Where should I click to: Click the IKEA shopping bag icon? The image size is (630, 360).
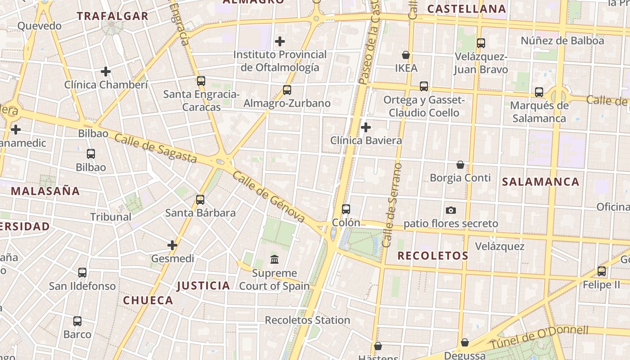pyautogui.click(x=406, y=55)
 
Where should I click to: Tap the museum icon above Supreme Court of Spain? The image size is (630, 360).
pyautogui.click(x=274, y=259)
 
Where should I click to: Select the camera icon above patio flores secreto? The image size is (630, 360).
pyautogui.click(x=450, y=210)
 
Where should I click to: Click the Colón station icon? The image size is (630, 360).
pyautogui.click(x=346, y=209)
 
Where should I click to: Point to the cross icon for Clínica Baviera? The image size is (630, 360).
pyautogui.click(x=366, y=127)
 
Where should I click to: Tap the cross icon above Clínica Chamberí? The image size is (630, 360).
pyautogui.click(x=106, y=72)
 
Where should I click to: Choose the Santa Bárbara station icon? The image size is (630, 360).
pyautogui.click(x=200, y=199)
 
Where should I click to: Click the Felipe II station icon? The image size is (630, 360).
pyautogui.click(x=602, y=271)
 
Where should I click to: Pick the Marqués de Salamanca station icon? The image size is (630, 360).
pyautogui.click(x=539, y=92)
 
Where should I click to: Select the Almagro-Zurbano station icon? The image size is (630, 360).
pyautogui.click(x=287, y=90)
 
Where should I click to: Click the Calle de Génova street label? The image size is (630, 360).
pyautogui.click(x=269, y=197)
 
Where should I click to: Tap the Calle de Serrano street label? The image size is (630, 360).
pyautogui.click(x=392, y=205)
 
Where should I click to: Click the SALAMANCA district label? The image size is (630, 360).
pyautogui.click(x=540, y=182)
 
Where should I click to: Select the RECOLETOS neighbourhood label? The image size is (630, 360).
pyautogui.click(x=433, y=256)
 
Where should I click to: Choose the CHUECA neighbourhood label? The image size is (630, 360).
pyautogui.click(x=148, y=300)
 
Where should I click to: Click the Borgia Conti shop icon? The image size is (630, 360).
pyautogui.click(x=460, y=165)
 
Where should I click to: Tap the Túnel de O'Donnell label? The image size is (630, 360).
pyautogui.click(x=539, y=337)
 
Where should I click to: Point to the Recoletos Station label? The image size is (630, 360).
pyautogui.click(x=307, y=320)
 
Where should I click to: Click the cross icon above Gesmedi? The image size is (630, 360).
pyautogui.click(x=172, y=245)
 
